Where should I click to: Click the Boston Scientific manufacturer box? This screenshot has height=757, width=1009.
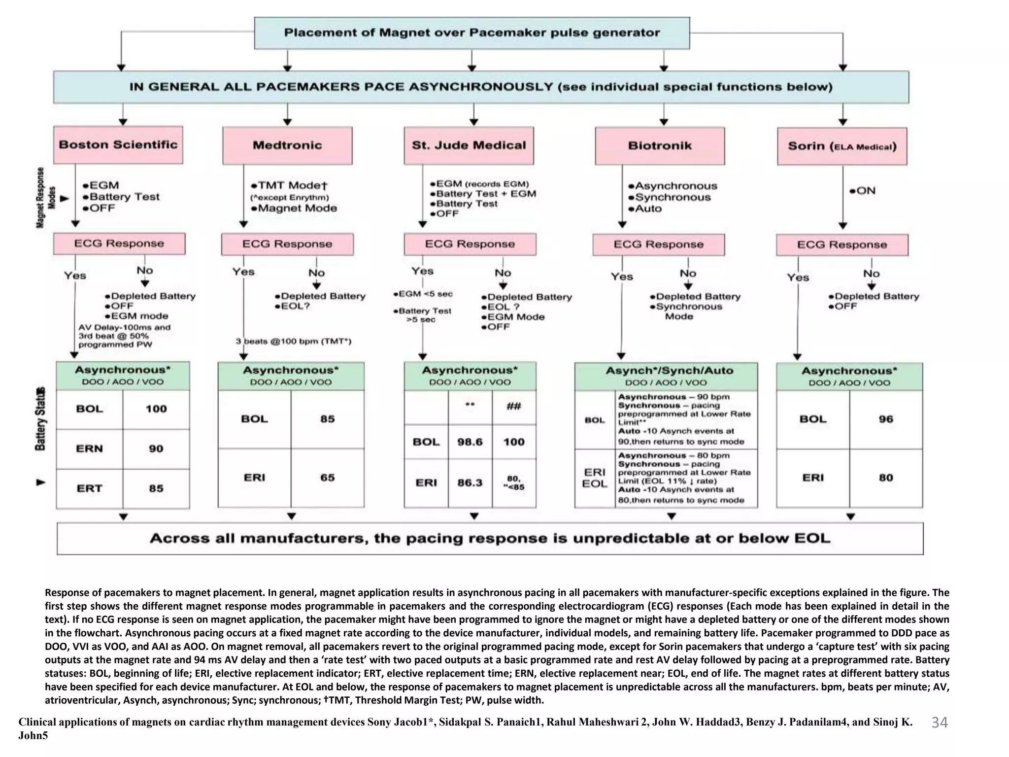click(x=118, y=145)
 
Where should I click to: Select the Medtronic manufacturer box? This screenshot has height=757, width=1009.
click(x=287, y=145)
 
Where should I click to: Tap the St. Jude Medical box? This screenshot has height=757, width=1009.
click(x=469, y=145)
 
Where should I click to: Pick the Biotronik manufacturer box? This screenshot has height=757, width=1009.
click(x=660, y=146)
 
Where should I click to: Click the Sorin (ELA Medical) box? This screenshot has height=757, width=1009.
click(x=842, y=146)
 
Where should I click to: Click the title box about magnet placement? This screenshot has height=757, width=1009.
click(x=471, y=33)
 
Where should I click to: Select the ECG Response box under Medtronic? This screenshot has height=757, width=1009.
click(x=287, y=244)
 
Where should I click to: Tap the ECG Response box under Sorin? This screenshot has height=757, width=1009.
click(x=842, y=245)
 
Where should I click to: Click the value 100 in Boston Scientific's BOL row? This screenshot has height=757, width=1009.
click(x=156, y=409)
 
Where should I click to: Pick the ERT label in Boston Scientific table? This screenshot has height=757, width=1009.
click(x=89, y=488)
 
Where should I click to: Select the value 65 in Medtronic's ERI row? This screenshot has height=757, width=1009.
click(x=327, y=478)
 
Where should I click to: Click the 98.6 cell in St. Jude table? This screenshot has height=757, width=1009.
click(x=470, y=442)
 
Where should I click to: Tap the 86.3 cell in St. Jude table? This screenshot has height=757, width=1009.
click(x=470, y=482)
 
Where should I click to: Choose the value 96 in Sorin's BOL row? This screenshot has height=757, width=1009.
click(x=885, y=419)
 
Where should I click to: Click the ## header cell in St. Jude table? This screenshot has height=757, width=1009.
click(x=513, y=407)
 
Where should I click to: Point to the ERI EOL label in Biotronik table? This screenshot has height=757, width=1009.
click(x=595, y=478)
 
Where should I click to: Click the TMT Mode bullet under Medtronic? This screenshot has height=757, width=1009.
click(x=289, y=186)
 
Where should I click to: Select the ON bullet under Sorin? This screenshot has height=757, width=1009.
click(x=862, y=191)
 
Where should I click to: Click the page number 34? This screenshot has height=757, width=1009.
click(x=940, y=723)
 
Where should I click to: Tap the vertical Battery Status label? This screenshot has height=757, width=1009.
click(x=41, y=419)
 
